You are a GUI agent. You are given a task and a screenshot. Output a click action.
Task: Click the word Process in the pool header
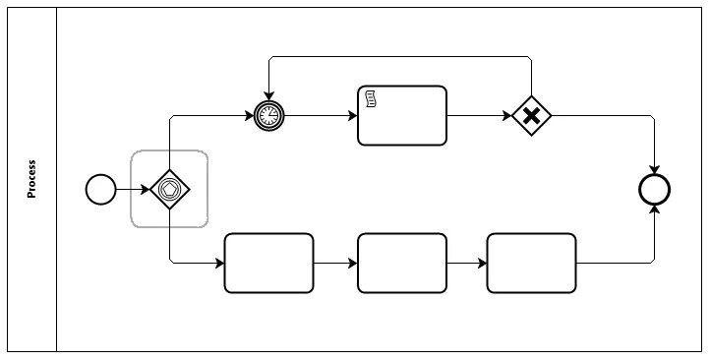(x=31, y=179)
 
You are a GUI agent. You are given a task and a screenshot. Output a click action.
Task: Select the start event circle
(x=100, y=188)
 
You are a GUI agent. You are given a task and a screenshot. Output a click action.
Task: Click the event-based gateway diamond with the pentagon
(x=169, y=188)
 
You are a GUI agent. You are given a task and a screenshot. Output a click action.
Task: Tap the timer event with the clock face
(x=267, y=116)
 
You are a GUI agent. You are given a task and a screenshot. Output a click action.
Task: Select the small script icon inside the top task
(x=372, y=97)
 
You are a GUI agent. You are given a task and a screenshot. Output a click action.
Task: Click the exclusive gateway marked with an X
(x=531, y=116)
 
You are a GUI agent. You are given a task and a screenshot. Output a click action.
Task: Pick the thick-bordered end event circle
(x=654, y=189)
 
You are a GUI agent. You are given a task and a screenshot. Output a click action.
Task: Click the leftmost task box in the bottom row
(x=268, y=263)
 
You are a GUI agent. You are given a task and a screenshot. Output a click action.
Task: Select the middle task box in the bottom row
(x=401, y=263)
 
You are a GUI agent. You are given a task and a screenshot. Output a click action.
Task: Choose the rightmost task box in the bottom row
(x=531, y=263)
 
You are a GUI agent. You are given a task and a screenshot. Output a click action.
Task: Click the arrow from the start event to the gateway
(x=132, y=188)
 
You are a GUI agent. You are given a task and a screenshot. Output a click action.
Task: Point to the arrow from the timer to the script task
(x=320, y=116)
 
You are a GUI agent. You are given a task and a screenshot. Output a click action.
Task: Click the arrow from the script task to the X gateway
(x=479, y=116)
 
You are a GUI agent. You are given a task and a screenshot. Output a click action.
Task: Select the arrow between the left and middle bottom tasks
(x=335, y=263)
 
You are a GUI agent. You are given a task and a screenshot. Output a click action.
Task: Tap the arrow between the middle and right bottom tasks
(x=466, y=263)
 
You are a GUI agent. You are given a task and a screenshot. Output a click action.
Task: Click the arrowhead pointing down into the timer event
(x=267, y=94)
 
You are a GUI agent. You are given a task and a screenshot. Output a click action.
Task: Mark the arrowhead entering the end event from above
(x=654, y=169)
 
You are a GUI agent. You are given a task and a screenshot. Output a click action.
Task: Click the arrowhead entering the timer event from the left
(x=248, y=116)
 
